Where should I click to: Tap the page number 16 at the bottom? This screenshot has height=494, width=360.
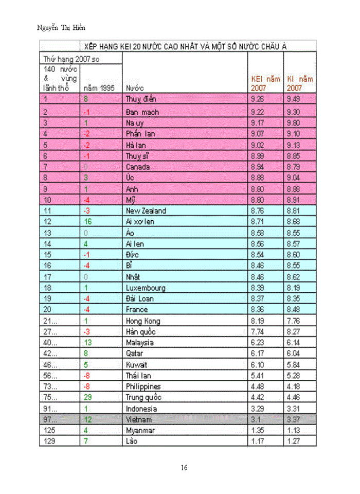coord(184,468)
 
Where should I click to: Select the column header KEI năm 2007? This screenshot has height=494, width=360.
coord(265,83)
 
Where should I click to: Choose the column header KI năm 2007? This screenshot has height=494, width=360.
coord(300,83)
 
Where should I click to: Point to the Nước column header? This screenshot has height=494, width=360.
coord(134,88)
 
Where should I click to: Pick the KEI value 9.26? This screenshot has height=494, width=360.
coord(258,99)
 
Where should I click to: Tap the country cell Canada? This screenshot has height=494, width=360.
coord(138,167)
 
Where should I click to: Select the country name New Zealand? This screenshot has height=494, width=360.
coord(146,210)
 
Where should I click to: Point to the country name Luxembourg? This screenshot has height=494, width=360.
coord(146,288)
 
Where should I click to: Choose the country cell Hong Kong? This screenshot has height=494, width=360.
coord(143,321)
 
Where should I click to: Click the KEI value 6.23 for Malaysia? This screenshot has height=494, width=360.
coord(258,342)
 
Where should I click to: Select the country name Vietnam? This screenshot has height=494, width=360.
coord(139,420)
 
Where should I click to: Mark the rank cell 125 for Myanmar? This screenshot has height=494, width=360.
coord(49,430)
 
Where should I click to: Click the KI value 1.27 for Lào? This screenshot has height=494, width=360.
coord(293,441)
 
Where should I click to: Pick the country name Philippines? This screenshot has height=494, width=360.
coord(143,386)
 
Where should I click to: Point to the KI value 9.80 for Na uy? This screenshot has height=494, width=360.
coord(293,123)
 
